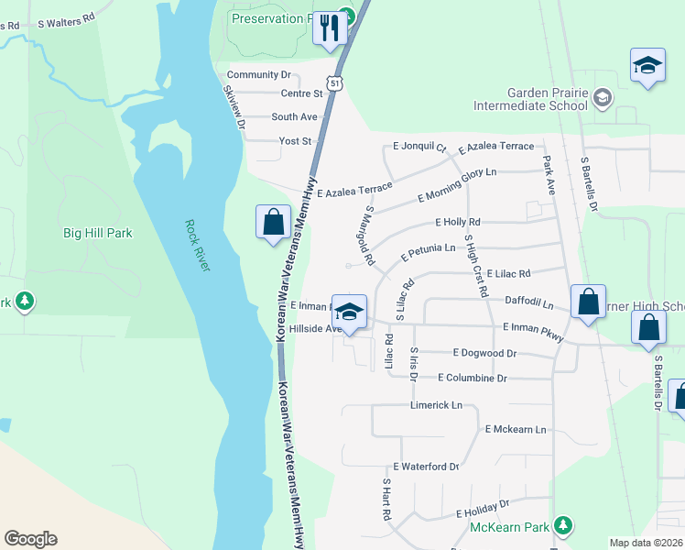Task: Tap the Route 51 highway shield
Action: point(337,83)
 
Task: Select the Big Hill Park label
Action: point(97,233)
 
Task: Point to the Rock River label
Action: point(197,245)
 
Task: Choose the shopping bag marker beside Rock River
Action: point(273,222)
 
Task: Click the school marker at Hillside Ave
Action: point(349,313)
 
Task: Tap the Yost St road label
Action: point(296,141)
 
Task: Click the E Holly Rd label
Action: point(458,222)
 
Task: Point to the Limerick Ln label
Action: point(437,404)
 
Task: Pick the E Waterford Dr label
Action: point(425,467)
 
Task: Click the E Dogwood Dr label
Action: point(484,353)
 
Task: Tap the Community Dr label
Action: point(258,74)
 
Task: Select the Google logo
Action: point(30,539)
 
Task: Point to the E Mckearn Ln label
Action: point(515,429)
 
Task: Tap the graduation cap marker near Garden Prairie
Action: point(647,66)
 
